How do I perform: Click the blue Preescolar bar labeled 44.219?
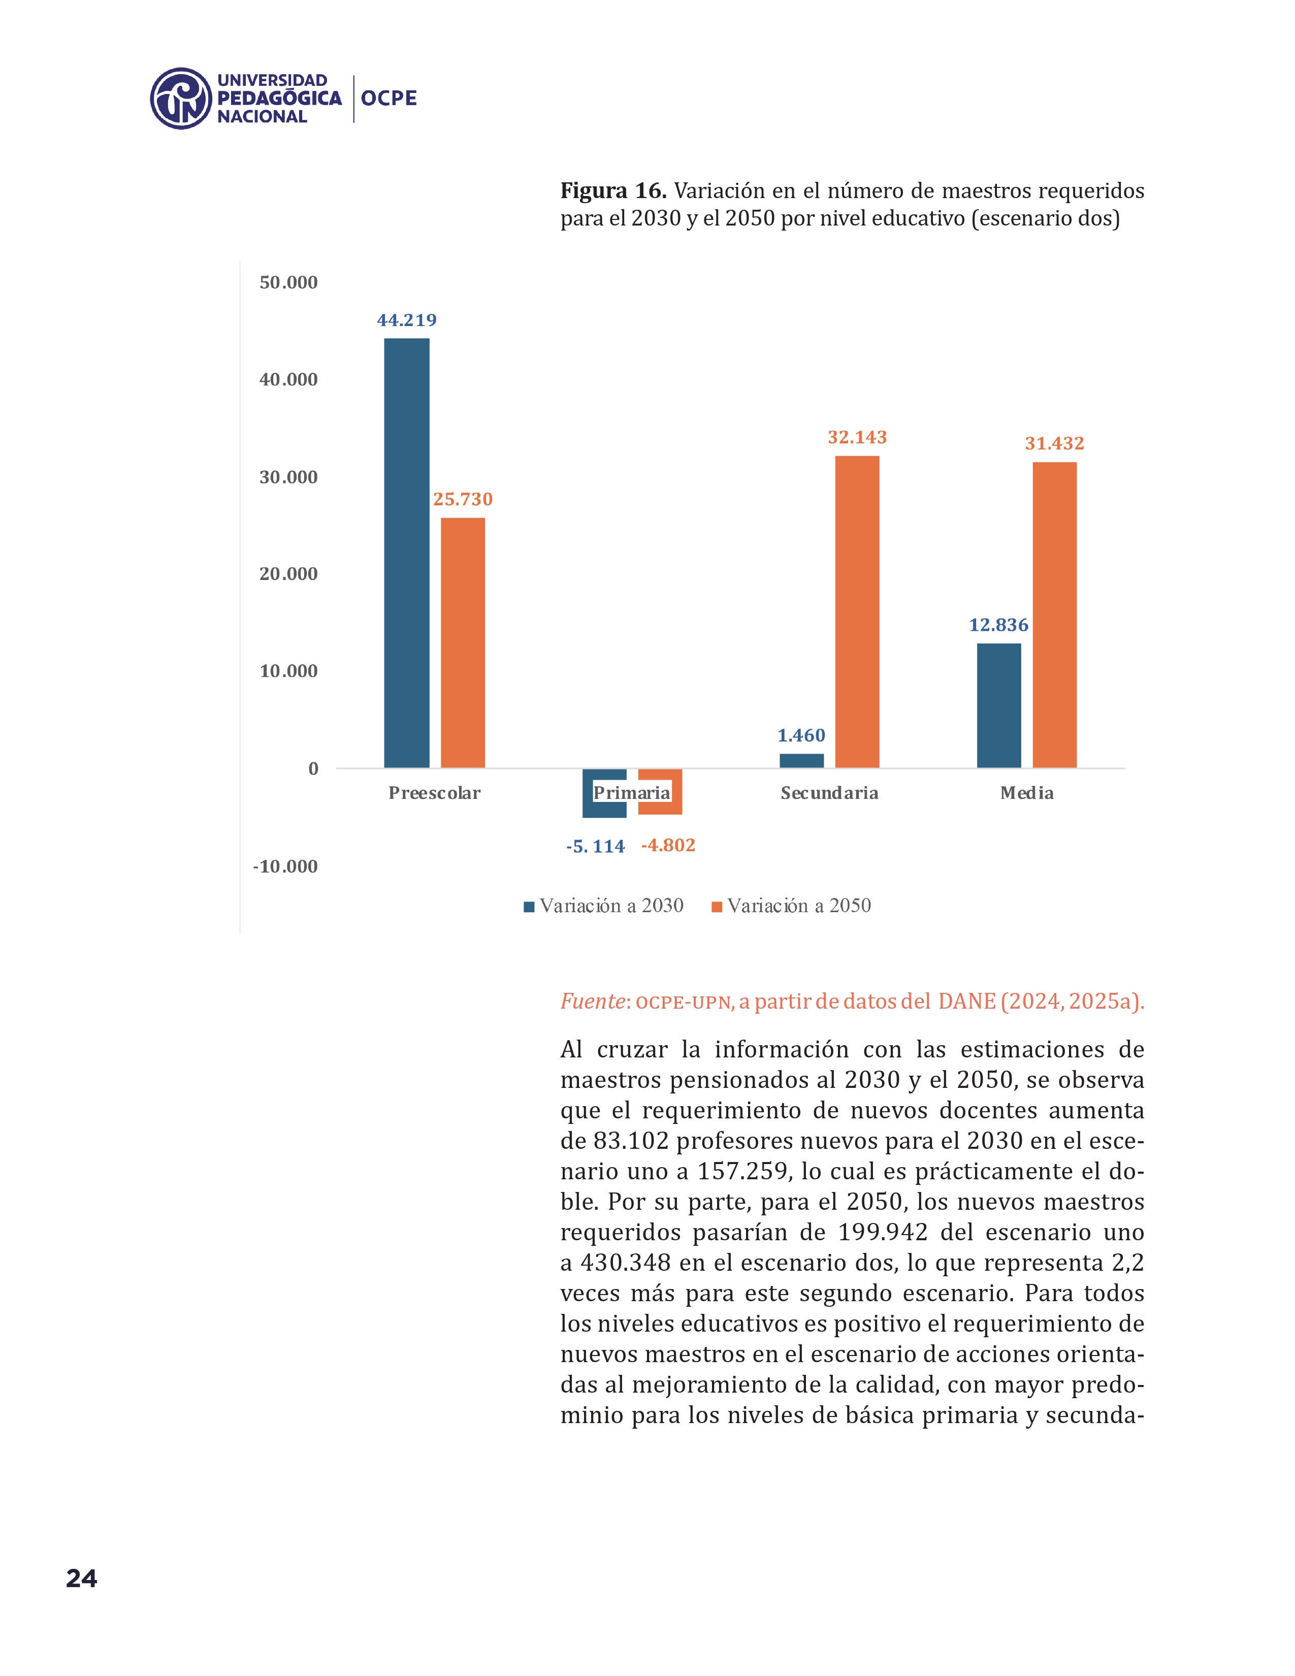click(407, 553)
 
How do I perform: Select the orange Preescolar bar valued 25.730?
click(463, 642)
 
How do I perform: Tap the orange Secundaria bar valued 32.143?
click(857, 611)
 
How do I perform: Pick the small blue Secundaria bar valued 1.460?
click(802, 760)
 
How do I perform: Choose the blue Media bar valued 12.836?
click(999, 705)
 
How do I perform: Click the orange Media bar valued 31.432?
click(1054, 615)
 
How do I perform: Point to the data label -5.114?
click(595, 847)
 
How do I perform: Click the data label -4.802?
click(668, 845)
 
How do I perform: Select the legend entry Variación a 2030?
click(604, 906)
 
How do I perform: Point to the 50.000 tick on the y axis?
click(288, 282)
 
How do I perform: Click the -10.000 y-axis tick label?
click(285, 866)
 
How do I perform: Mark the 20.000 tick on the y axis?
click(288, 574)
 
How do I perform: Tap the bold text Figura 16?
click(613, 190)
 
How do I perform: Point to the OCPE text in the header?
click(389, 98)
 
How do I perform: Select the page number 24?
click(81, 1578)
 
